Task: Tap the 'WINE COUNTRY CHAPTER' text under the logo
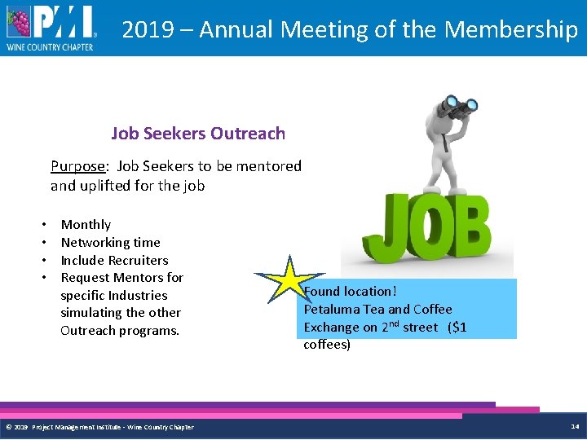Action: pos(50,47)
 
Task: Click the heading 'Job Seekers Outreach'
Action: pos(198,133)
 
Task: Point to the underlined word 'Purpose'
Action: pos(77,166)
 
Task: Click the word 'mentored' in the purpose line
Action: pos(270,166)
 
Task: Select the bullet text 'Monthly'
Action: pos(86,225)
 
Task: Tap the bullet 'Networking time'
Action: pos(110,243)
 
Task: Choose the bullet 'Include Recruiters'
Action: pos(114,261)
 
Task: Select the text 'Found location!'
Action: pos(350,292)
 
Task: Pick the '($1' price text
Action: pos(457,328)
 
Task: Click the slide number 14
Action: pos(575,426)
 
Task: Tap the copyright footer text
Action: pos(99,427)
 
